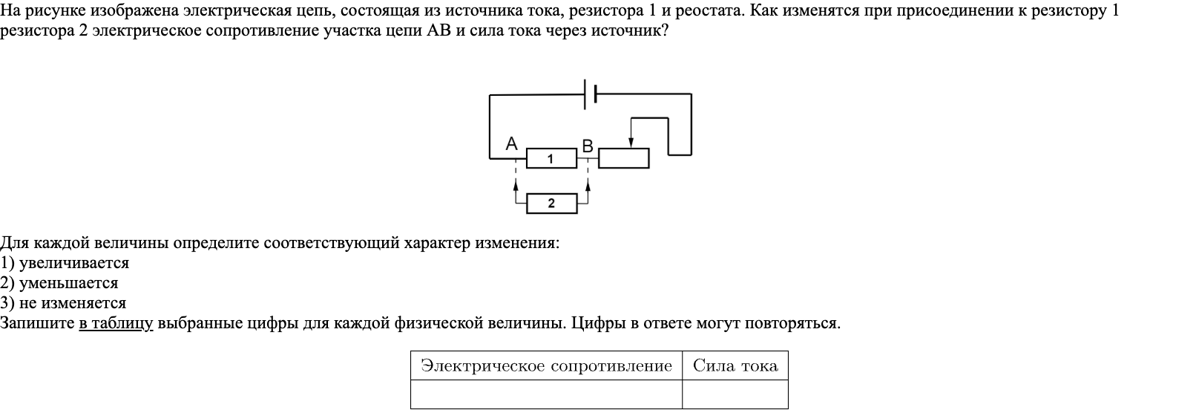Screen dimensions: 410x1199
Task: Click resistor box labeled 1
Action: (x=551, y=158)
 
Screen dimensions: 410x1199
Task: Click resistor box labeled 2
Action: (x=551, y=204)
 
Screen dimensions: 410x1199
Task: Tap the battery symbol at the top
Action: (x=591, y=94)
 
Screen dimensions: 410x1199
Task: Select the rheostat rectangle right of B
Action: (x=623, y=158)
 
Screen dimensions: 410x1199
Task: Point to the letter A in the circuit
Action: (x=511, y=144)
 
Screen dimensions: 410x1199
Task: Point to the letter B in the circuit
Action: (x=588, y=146)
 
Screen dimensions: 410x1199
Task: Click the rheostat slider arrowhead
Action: (x=631, y=142)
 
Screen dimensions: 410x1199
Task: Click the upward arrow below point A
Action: (x=515, y=186)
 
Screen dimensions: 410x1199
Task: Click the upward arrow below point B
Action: (x=588, y=186)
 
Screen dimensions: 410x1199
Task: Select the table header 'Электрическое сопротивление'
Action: (x=546, y=365)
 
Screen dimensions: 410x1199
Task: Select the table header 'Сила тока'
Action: (x=735, y=365)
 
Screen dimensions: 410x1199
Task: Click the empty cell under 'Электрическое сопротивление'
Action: (x=546, y=394)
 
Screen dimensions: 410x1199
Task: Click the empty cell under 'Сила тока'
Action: (x=735, y=394)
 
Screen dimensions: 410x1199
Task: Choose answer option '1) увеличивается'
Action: (x=65, y=263)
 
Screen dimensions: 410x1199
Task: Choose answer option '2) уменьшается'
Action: (x=59, y=283)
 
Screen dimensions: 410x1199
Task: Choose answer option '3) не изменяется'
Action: (x=63, y=303)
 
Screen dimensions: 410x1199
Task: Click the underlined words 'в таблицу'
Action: (x=116, y=324)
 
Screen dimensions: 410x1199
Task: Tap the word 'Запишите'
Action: (x=38, y=324)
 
